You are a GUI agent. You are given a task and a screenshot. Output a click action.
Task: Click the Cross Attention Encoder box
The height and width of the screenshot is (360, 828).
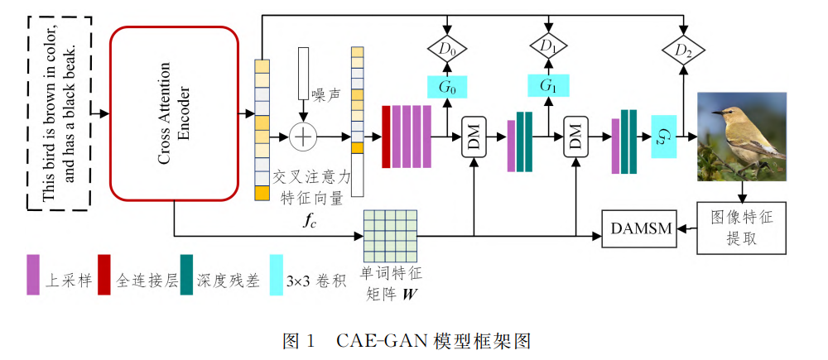(174, 113)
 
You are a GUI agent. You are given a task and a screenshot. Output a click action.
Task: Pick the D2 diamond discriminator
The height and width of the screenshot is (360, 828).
(683, 52)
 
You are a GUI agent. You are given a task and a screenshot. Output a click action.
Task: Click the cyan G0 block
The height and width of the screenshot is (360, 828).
(447, 85)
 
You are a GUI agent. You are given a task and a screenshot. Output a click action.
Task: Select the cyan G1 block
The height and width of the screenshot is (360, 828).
(548, 85)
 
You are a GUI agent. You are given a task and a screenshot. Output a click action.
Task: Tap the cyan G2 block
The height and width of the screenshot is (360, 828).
(663, 137)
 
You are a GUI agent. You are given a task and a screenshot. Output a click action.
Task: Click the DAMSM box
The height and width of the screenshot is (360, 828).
(638, 228)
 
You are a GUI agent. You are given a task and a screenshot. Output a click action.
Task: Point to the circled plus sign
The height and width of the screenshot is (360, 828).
(304, 137)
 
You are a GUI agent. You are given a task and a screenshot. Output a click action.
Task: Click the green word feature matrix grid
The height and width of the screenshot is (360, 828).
(392, 235)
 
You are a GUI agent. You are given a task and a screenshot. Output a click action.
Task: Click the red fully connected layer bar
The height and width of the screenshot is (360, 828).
(386, 137)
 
